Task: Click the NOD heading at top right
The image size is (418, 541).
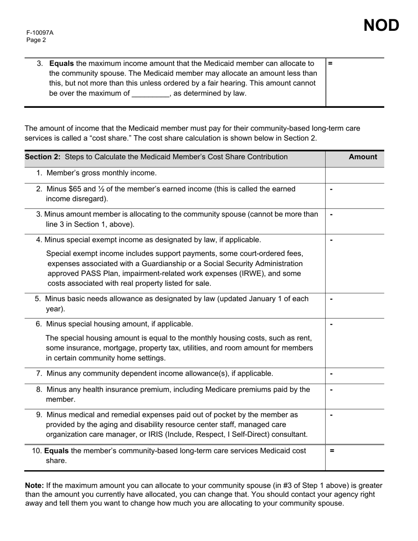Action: pos(381,26)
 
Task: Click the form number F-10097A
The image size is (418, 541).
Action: pos(40,33)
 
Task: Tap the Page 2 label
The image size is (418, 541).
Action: pos(36,40)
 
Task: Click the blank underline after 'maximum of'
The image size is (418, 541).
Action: pos(150,93)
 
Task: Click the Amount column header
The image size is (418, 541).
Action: pos(363,157)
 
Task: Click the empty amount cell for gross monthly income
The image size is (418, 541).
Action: pos(354,173)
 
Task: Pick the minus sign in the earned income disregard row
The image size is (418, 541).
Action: pos(331,190)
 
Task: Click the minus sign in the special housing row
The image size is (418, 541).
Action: pos(331,325)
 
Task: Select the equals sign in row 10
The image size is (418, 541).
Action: pos(332,451)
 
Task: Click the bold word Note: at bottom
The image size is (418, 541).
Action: pos(34,486)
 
